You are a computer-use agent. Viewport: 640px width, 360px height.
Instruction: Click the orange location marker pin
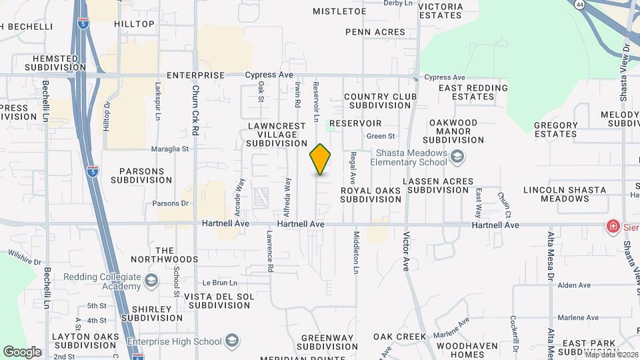pos(320,159)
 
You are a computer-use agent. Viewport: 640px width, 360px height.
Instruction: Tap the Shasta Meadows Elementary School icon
pos(457,157)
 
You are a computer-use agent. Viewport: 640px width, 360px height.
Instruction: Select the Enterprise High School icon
pos(231,341)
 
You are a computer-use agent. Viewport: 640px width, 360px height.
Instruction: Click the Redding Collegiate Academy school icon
pos(151,281)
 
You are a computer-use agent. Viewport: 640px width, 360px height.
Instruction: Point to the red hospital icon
pos(611,227)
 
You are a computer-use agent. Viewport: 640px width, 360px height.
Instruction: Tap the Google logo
pos(22,351)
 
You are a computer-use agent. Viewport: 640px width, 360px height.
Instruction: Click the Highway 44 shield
pos(581,3)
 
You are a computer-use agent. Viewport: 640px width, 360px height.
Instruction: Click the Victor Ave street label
pos(405,251)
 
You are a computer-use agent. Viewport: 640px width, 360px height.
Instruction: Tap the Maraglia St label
pos(170,149)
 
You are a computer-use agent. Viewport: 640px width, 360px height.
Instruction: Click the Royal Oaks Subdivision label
pos(371,194)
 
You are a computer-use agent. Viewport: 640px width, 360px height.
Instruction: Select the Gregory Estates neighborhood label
pos(555,129)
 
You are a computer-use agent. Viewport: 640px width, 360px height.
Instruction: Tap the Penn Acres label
pos(375,32)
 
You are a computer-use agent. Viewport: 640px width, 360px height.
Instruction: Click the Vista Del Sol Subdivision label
pos(219,300)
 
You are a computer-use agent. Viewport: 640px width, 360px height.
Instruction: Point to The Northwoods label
pos(164,254)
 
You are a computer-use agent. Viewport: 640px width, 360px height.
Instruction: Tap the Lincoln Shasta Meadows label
pos(565,194)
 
